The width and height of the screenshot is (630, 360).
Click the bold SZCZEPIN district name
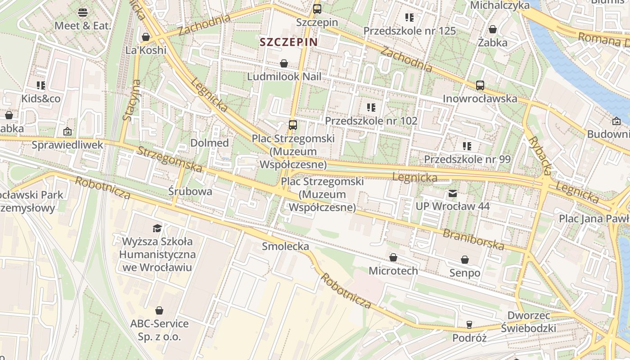click(288, 42)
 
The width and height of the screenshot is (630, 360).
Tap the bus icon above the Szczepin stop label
click(317, 9)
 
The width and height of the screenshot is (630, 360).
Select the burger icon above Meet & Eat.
click(82, 12)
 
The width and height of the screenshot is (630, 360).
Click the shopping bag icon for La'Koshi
click(145, 37)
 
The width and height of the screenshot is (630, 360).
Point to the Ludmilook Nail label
click(284, 76)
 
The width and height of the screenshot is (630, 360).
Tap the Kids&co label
click(41, 99)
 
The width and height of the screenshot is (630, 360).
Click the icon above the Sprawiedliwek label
click(67, 131)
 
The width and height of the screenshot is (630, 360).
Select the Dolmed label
click(210, 143)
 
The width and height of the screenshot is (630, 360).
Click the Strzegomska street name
click(170, 159)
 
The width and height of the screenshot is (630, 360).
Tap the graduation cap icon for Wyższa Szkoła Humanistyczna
click(157, 228)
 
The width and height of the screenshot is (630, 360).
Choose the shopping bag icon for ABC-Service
click(159, 310)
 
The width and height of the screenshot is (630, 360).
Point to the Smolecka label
click(285, 246)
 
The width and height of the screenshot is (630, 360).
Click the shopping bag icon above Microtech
click(393, 257)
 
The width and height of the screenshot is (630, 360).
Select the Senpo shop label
click(465, 273)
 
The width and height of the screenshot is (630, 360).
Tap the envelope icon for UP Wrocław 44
click(452, 193)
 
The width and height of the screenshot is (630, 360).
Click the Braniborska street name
click(473, 239)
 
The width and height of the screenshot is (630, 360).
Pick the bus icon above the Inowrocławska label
click(480, 85)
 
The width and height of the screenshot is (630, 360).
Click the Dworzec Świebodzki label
click(529, 321)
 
